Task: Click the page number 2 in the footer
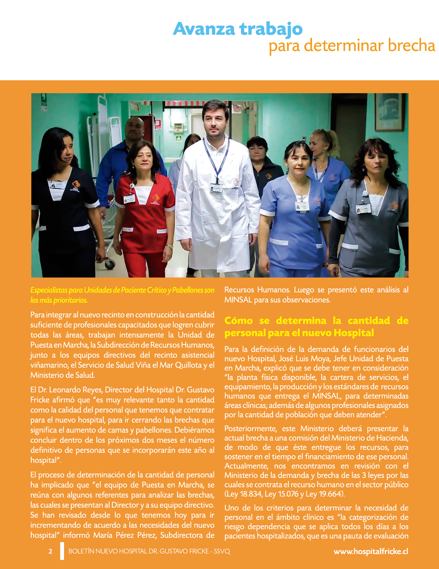point(51,551)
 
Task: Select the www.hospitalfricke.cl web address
point(370,551)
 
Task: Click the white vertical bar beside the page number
point(62,551)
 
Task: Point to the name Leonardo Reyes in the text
point(76,390)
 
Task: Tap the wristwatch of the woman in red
point(169,246)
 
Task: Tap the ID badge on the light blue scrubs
point(302,206)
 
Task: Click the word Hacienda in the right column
point(391,438)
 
